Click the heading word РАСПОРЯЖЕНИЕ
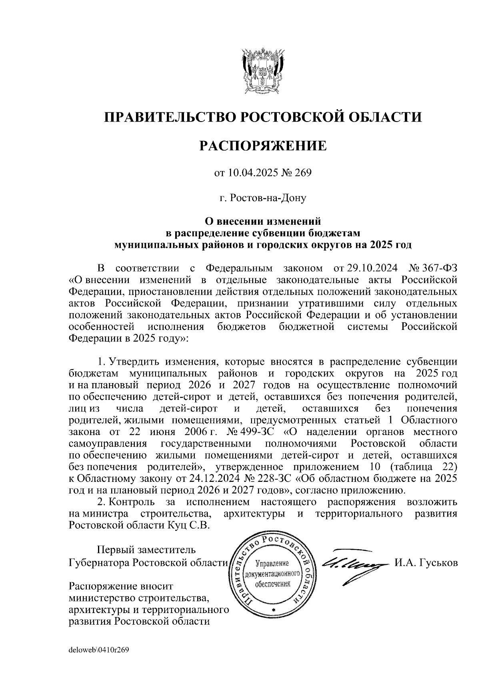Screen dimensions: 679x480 coord(263,146)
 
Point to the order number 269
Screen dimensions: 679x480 coord(303,173)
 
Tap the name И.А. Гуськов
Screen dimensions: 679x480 coord(426,563)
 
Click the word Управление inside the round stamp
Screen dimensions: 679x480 coord(272,563)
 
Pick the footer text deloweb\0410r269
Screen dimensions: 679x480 coord(98,650)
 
